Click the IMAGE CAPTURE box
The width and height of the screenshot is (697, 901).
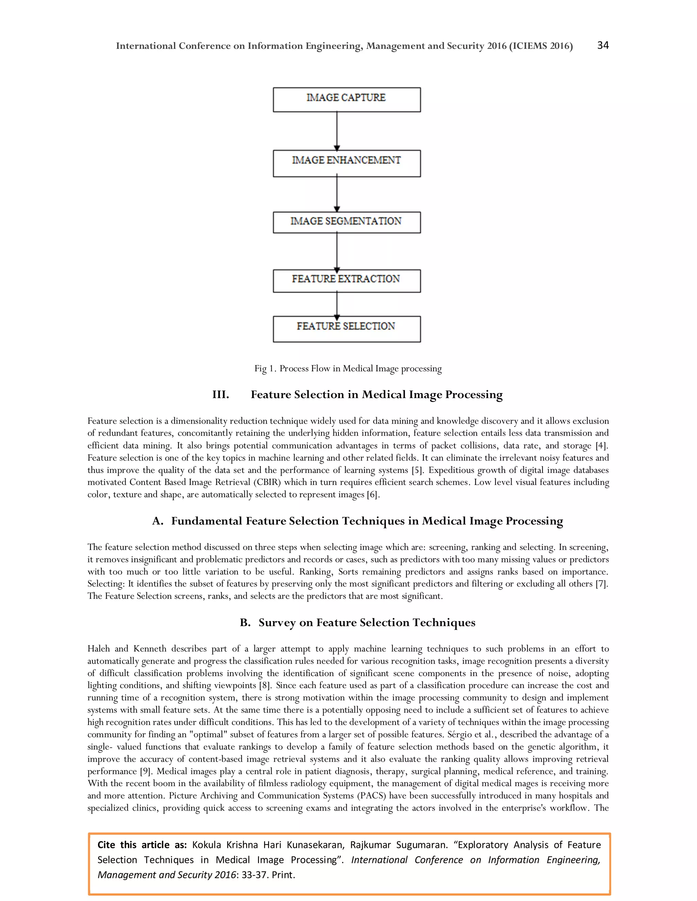click(346, 99)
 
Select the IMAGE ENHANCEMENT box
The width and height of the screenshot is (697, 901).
click(346, 163)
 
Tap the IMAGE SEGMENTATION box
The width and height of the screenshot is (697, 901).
click(346, 222)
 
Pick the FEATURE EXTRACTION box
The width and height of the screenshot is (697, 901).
click(346, 280)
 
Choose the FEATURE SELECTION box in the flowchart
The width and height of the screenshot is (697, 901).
click(346, 329)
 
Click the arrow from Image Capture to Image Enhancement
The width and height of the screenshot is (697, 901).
click(337, 131)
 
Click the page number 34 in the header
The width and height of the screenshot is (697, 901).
click(603, 45)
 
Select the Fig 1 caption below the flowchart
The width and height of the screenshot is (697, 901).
click(348, 369)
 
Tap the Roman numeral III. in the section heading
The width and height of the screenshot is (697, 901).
click(221, 395)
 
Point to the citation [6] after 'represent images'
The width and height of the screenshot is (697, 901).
click(372, 495)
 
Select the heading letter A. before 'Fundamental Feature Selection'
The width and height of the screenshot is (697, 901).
click(157, 521)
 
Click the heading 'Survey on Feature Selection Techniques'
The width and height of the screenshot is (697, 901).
click(367, 623)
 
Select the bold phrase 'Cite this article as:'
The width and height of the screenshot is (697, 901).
click(142, 845)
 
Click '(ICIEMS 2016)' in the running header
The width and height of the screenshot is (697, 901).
click(540, 46)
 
